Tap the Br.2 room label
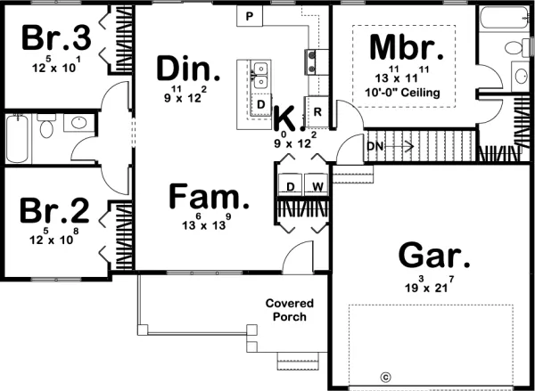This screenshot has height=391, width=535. click(x=54, y=213)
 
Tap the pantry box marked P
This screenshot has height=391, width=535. click(x=250, y=17)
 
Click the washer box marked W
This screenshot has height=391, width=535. click(x=317, y=187)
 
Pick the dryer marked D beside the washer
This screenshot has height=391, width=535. click(x=292, y=187)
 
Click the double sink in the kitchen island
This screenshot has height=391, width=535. click(x=259, y=75)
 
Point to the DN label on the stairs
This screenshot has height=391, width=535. click(x=374, y=146)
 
